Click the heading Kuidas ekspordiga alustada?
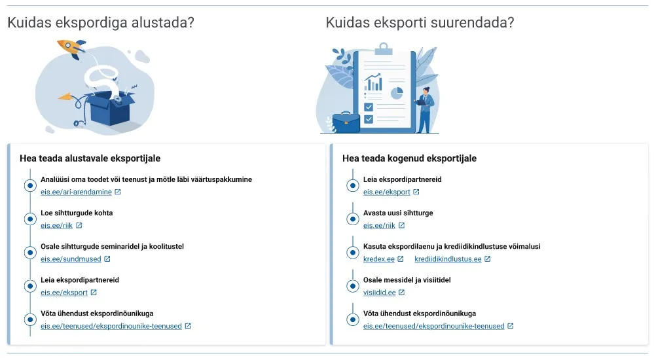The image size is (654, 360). click(x=101, y=23)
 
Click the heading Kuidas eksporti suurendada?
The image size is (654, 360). click(x=420, y=23)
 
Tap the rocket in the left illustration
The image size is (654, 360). click(x=71, y=47)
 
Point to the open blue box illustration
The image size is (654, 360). click(x=108, y=109)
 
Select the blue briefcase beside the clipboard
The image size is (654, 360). click(x=346, y=122)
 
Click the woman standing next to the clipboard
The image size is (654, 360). click(x=425, y=109)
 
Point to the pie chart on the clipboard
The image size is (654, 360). click(x=397, y=93)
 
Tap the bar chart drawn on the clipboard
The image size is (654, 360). click(x=374, y=83)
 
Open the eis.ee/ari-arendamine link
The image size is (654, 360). click(x=76, y=192)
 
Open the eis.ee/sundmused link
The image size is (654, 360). click(x=71, y=259)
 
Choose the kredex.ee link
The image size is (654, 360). click(x=379, y=259)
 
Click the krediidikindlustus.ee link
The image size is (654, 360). click(x=448, y=259)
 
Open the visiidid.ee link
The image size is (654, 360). click(x=380, y=293)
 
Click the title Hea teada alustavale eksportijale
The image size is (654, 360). click(x=90, y=158)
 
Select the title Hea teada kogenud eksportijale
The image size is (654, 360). click(x=409, y=158)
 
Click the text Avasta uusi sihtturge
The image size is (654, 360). click(x=398, y=213)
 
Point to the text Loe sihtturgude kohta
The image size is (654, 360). click(x=77, y=213)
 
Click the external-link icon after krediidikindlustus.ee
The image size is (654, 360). click(x=488, y=259)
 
